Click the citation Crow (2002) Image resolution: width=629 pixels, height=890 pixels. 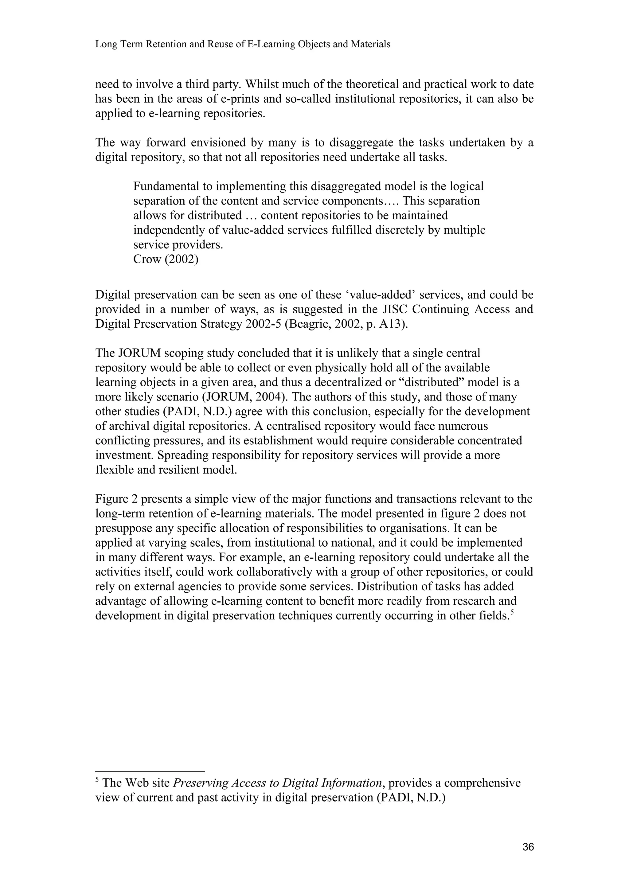[166, 259]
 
